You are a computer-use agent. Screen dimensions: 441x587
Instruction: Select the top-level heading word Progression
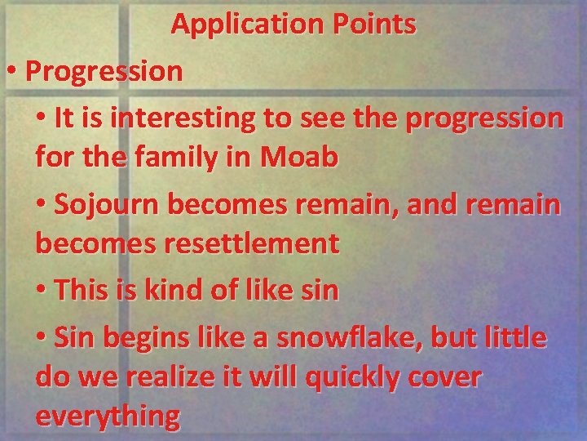[x=104, y=71]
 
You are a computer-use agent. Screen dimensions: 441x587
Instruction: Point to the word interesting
[x=182, y=118]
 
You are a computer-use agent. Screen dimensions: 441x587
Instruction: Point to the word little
[x=516, y=337]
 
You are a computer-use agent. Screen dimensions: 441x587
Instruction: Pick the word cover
[x=453, y=377]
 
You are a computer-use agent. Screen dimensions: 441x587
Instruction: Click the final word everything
[x=108, y=416]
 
